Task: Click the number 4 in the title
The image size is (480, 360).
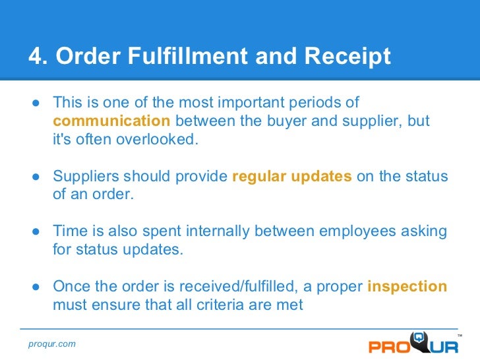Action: click(35, 57)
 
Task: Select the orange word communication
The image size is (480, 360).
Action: click(111, 121)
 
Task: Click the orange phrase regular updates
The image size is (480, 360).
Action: click(292, 177)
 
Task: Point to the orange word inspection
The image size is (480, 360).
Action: click(407, 287)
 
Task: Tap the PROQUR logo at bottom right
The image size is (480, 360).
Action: click(409, 344)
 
